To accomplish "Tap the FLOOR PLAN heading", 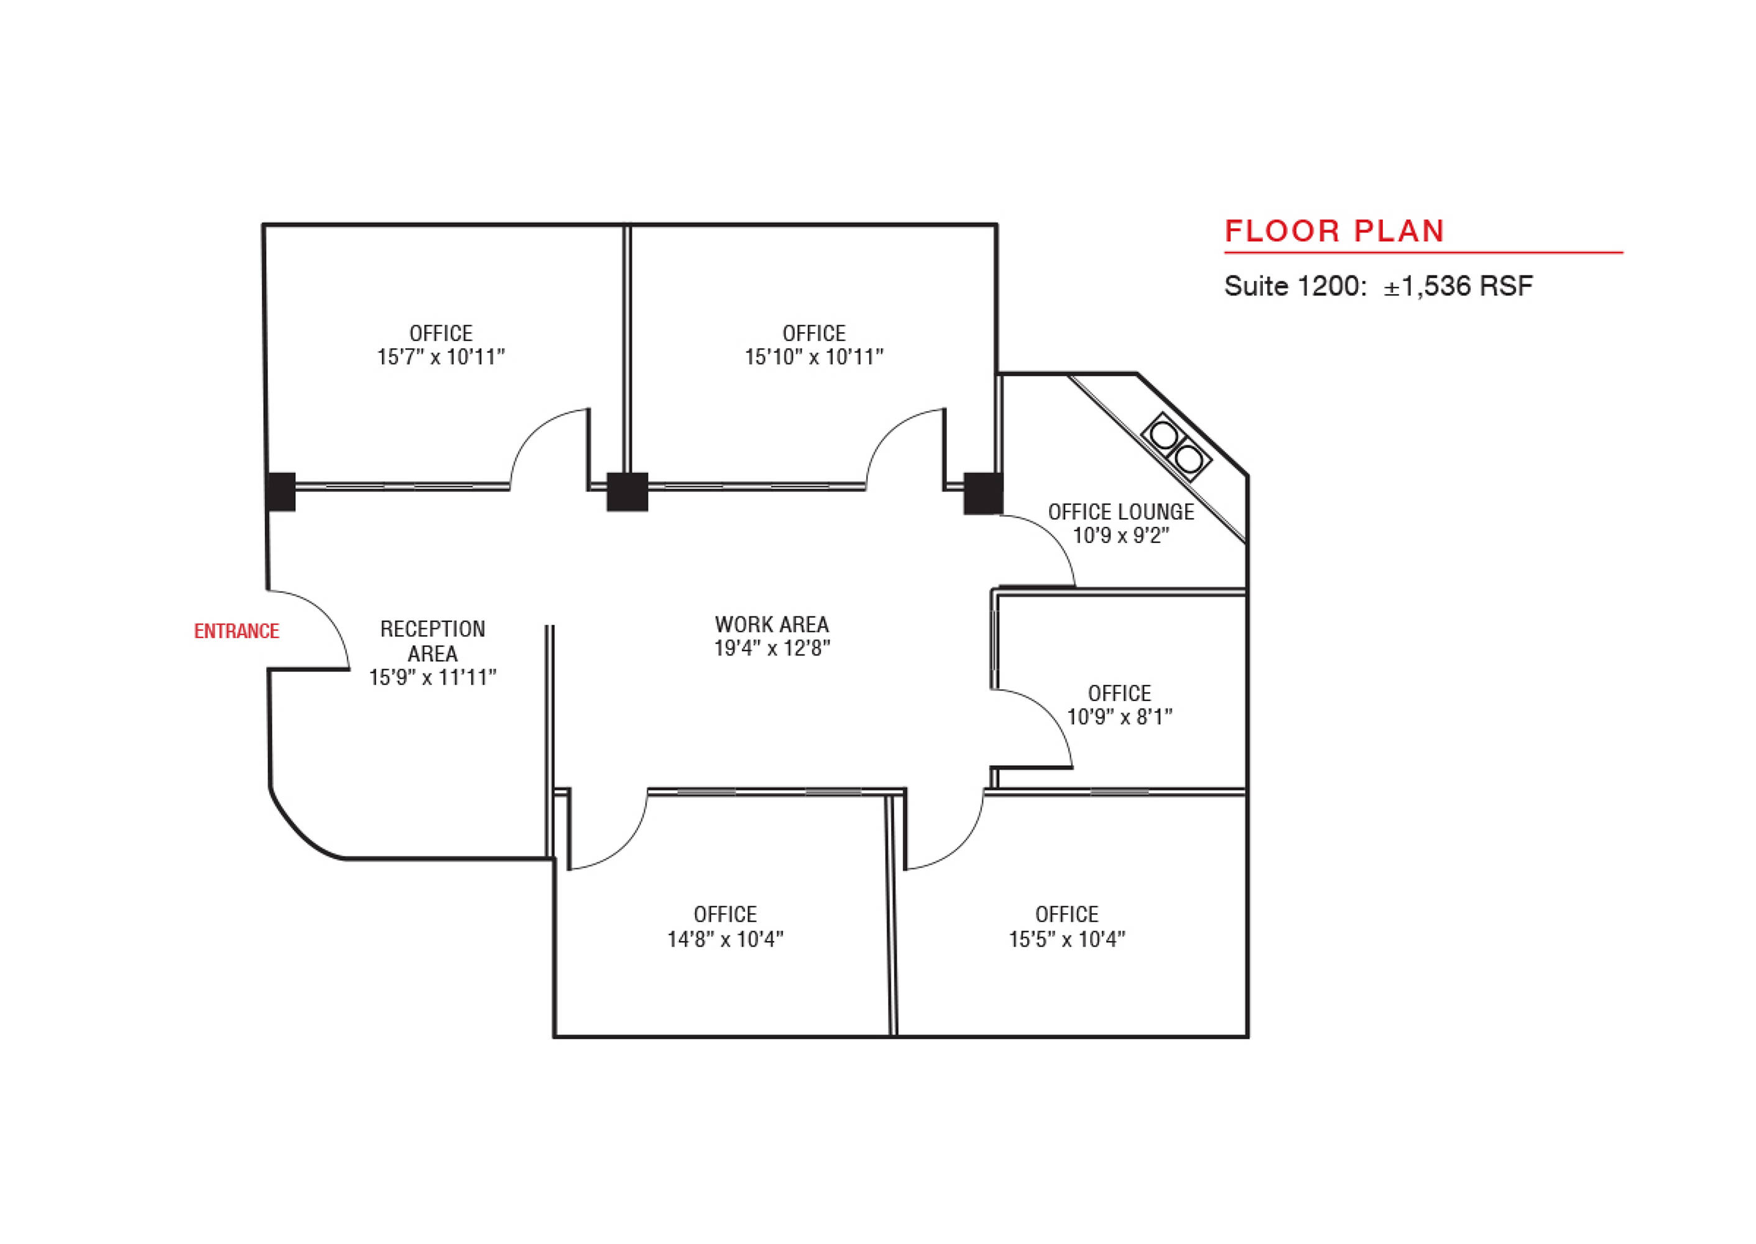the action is pos(1334,231).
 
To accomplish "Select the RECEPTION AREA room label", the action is pos(433,641).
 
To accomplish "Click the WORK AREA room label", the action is pos(772,624).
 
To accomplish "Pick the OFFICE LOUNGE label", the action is pos(1121,512).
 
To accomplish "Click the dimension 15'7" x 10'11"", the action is pos(441,357).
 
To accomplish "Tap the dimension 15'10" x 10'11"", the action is pos(814,357).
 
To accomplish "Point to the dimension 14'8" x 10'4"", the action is pos(725,939).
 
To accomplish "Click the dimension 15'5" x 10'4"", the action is pos(1067,939).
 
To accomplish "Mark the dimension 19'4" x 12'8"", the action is pos(772,648).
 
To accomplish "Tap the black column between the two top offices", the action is pos(627,492).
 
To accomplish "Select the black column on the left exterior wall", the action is pos(281,492).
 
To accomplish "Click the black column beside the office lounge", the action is pos(983,493).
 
